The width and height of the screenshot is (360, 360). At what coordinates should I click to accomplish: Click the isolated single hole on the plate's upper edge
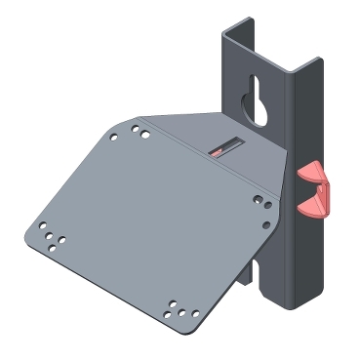114,138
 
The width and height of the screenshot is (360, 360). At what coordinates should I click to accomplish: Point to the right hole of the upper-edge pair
146,131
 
